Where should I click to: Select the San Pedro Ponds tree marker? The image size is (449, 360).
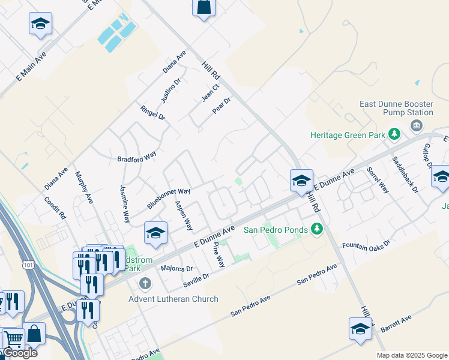click(318, 229)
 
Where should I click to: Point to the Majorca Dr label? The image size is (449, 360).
click(176, 268)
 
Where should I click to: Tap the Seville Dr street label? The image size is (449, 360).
click(197, 278)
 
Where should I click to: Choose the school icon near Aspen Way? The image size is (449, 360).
click(155, 233)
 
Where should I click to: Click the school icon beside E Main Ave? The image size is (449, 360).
click(40, 23)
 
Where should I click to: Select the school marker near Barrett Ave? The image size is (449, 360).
click(360, 329)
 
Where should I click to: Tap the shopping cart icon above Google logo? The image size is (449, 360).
click(13, 339)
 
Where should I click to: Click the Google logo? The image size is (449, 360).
click(19, 353)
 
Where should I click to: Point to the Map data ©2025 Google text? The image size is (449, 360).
click(412, 355)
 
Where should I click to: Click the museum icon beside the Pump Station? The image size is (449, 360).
click(416, 125)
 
